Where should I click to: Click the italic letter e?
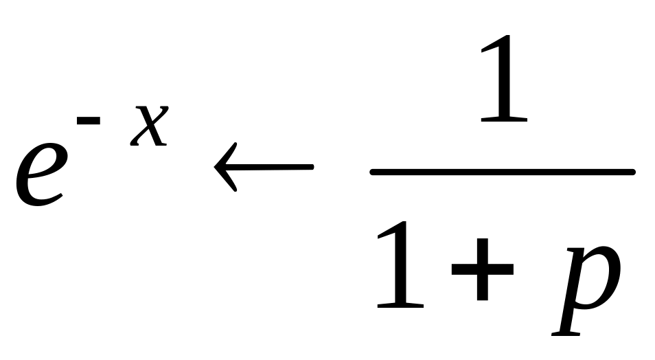(x=41, y=175)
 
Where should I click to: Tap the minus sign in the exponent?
(x=89, y=120)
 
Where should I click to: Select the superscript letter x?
(x=150, y=126)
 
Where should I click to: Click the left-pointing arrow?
(x=264, y=167)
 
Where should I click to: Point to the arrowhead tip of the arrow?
(x=214, y=167)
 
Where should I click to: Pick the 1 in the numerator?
(x=504, y=78)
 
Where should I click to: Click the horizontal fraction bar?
(x=503, y=172)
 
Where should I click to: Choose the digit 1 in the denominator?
(x=400, y=265)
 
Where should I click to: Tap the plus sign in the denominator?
(x=483, y=269)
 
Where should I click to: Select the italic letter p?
(x=586, y=290)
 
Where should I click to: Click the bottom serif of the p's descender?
(x=566, y=334)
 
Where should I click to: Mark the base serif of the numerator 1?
(x=504, y=120)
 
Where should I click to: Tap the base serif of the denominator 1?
(x=400, y=306)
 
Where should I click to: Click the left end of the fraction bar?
(x=371, y=172)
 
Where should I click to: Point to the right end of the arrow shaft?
(x=312, y=167)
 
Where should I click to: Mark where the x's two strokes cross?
(x=150, y=126)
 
